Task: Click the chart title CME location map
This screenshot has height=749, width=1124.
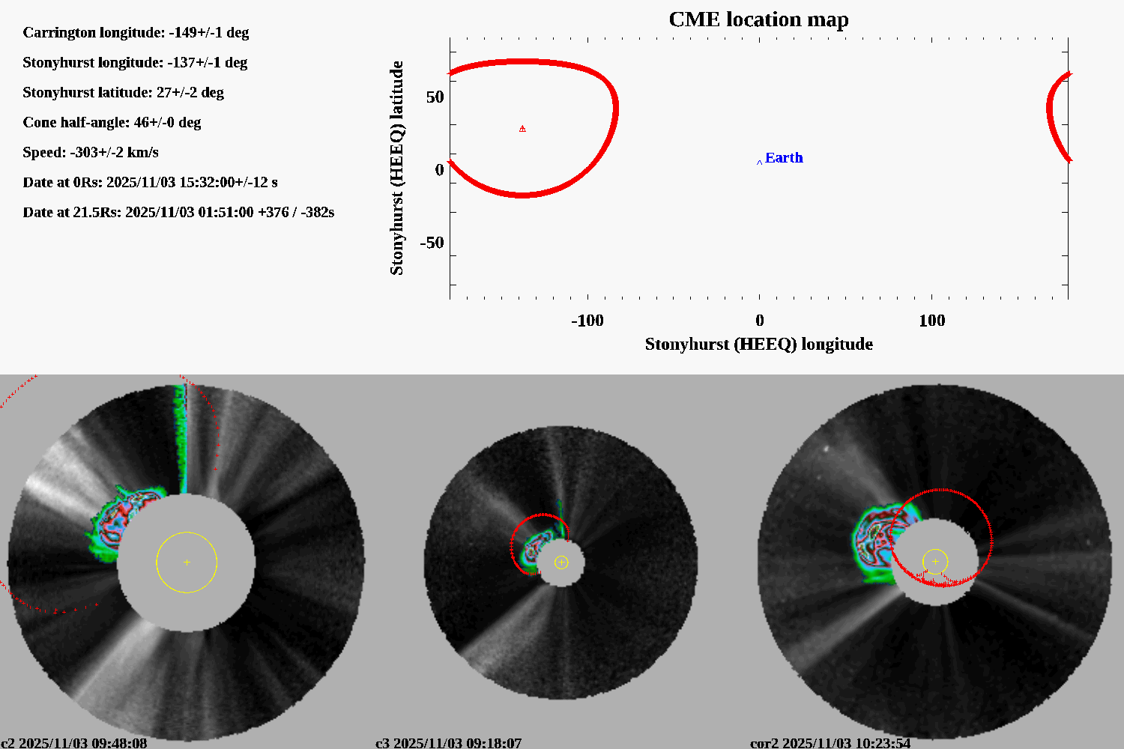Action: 758,19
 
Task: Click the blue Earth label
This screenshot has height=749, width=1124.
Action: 784,158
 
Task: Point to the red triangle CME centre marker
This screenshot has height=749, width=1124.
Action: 522,129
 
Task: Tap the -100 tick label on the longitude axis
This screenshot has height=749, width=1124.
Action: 587,321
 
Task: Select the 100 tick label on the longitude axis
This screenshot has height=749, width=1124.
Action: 931,321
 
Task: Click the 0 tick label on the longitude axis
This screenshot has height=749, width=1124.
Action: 759,321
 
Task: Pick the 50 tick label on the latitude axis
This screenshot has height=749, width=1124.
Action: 435,97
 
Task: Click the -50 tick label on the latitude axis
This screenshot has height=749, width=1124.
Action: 432,243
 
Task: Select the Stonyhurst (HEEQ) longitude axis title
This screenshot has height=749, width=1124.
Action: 758,344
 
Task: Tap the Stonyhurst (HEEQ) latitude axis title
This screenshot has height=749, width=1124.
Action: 396,168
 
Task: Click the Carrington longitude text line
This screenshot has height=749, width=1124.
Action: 136,32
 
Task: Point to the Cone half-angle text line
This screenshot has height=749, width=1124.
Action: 112,122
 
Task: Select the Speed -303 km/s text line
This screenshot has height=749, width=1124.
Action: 91,152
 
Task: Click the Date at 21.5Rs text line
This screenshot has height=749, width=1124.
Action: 178,212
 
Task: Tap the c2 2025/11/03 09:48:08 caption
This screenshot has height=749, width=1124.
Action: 73,743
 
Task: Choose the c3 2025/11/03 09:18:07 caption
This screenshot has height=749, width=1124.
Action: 448,743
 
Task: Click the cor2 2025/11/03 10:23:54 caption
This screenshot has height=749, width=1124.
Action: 830,743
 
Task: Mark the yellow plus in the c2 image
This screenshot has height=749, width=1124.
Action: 187,562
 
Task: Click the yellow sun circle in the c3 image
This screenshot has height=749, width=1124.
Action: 561,562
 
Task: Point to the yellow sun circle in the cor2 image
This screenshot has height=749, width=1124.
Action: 935,562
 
